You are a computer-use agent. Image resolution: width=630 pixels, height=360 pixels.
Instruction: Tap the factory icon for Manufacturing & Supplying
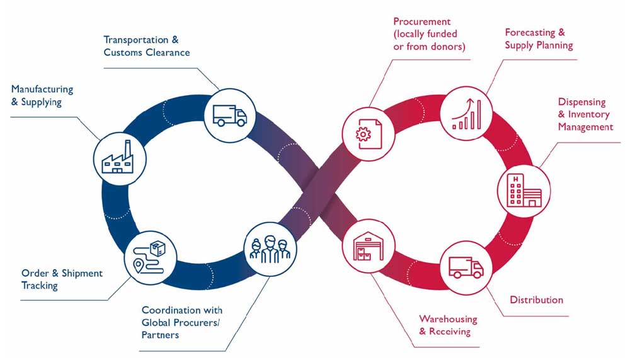(120, 158)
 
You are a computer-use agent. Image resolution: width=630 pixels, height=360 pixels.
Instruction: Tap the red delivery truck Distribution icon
(466, 265)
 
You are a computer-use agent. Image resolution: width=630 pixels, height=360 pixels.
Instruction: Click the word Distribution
(536, 299)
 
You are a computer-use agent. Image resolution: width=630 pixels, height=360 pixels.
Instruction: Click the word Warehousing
(448, 319)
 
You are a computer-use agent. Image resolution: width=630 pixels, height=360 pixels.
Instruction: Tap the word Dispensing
(581, 102)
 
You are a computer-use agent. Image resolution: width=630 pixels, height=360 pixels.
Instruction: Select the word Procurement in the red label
(421, 21)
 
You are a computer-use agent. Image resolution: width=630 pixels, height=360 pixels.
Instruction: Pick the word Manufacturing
(42, 90)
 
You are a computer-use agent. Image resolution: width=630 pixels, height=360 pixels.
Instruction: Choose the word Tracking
(40, 286)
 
